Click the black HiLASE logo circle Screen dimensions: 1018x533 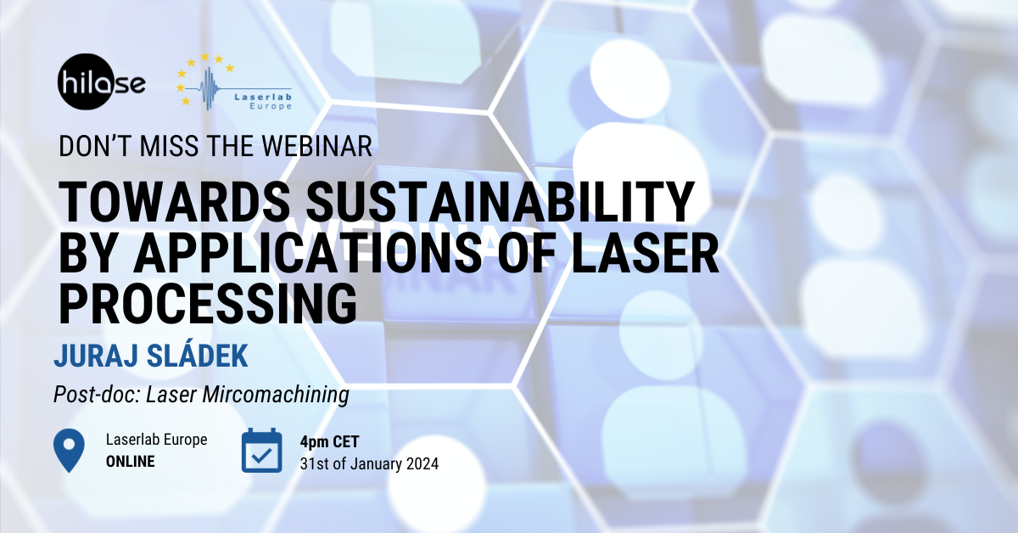[x=86, y=81]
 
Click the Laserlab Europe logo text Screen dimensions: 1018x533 [x=263, y=101]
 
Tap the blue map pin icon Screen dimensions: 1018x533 [x=69, y=450]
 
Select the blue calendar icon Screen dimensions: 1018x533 [x=262, y=450]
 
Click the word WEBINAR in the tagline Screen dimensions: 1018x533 [x=316, y=147]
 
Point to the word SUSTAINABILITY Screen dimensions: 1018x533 [x=501, y=202]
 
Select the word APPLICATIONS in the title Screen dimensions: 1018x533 [x=308, y=253]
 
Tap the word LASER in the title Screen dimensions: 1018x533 [x=646, y=253]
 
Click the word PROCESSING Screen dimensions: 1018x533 [x=208, y=303]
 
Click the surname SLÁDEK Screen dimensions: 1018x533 [x=198, y=354]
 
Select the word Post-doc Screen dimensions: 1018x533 [x=97, y=395]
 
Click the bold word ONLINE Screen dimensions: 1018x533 [x=131, y=462]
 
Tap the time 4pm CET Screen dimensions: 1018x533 [x=329, y=441]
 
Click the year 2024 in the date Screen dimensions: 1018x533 [x=422, y=464]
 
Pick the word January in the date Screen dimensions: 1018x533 [x=376, y=465]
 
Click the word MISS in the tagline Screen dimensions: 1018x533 [x=169, y=147]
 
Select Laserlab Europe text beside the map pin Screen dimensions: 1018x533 [x=156, y=440]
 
